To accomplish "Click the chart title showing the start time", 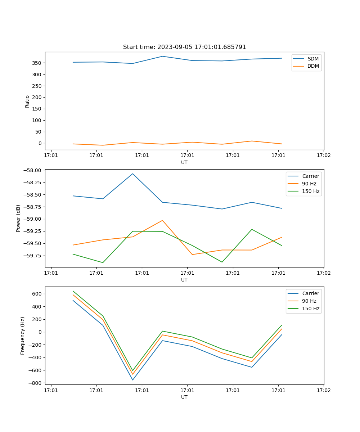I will [184, 47].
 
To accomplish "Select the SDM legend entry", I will [313, 59].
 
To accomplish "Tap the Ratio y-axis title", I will [27, 101].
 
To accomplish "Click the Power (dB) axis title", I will [18, 218].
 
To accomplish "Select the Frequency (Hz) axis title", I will [23, 336].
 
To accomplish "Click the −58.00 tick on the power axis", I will [33, 170].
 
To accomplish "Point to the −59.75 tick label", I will [33, 256].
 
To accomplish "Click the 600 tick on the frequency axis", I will [37, 294].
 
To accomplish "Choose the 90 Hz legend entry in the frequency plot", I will [309, 301].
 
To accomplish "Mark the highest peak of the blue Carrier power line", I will [132, 174].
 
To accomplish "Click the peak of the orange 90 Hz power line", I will [162, 220].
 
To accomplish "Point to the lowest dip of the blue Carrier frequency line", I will [132, 380].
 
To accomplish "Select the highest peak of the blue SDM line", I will [162, 56].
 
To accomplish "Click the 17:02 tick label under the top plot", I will [323, 156].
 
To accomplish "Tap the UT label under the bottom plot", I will [184, 397].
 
